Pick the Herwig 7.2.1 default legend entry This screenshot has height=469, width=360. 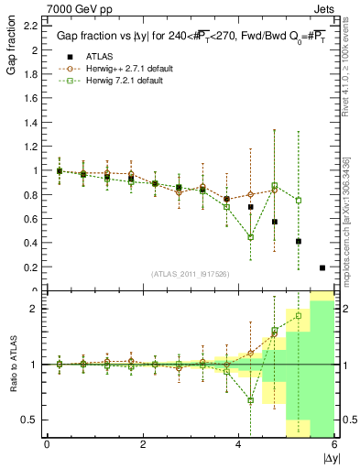pos(125,81)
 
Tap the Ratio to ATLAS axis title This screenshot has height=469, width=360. pos(12,364)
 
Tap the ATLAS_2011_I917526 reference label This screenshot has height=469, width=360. pos(190,274)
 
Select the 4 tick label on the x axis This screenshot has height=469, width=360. pos(238,444)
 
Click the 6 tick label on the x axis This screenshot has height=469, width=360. pos(333,444)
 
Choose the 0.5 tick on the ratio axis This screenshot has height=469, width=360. pos(29,420)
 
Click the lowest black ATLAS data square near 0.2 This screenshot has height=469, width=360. pos(322,267)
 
